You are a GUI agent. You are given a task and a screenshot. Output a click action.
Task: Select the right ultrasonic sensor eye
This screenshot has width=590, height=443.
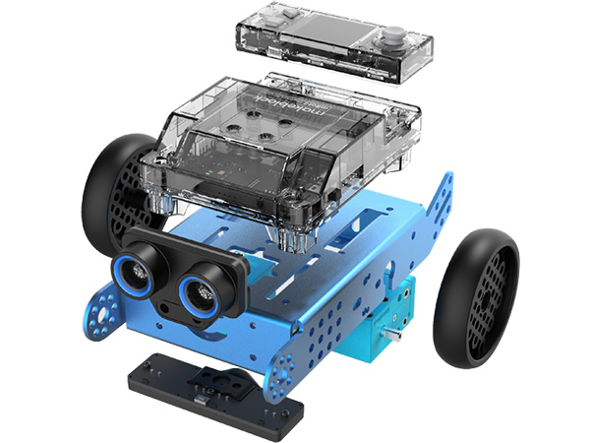pyautogui.click(x=202, y=290)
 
